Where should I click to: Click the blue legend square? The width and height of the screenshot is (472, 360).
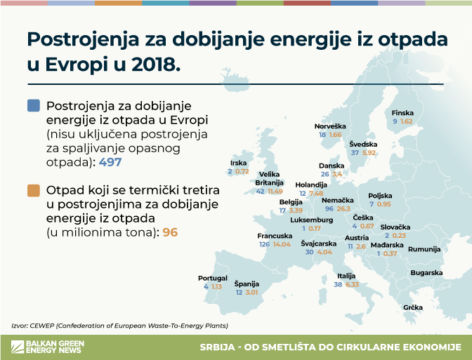tap(32, 106)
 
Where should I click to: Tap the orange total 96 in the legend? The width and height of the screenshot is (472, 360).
tap(170, 232)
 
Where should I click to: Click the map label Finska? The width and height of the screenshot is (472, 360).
tap(402, 113)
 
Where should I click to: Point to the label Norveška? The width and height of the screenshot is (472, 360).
tap(330, 126)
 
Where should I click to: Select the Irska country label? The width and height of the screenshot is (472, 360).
tap(238, 163)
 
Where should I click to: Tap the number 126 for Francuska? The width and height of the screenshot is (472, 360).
tap(265, 244)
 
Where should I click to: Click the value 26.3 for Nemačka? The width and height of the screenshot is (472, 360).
tap(343, 208)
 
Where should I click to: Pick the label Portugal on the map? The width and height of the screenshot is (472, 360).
tap(213, 278)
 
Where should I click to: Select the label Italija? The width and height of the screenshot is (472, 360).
tap(346, 276)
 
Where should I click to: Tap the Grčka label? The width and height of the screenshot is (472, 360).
tap(413, 307)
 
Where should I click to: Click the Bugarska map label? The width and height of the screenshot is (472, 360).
tap(426, 272)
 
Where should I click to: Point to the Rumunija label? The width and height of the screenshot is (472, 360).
tap(424, 249)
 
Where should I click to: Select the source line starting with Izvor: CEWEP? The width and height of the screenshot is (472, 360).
tap(120, 325)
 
